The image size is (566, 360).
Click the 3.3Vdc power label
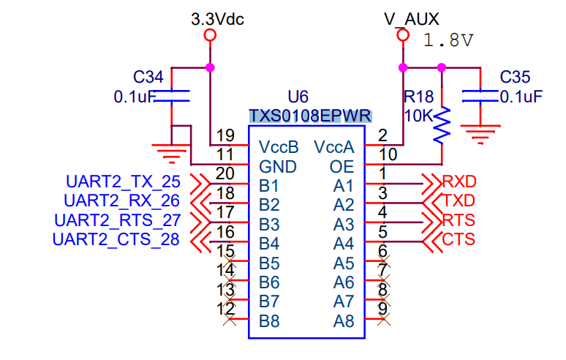pos(217,19)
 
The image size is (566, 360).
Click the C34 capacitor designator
pos(148,77)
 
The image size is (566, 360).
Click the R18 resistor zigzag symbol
pos(442,125)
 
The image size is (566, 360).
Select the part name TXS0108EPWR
pos(310,116)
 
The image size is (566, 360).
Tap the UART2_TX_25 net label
pos(123,181)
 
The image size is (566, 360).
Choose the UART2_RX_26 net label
pos(121,200)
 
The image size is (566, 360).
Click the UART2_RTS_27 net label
pos(117,220)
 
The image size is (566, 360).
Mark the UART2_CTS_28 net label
pos(116,239)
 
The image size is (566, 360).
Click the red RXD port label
pos(459,181)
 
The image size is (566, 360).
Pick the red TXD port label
pos(459,200)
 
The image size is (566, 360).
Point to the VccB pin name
pos(279,148)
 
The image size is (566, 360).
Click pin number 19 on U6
pos(226,135)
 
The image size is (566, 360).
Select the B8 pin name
pos(269,320)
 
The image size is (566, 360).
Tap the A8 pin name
pos(344,320)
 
